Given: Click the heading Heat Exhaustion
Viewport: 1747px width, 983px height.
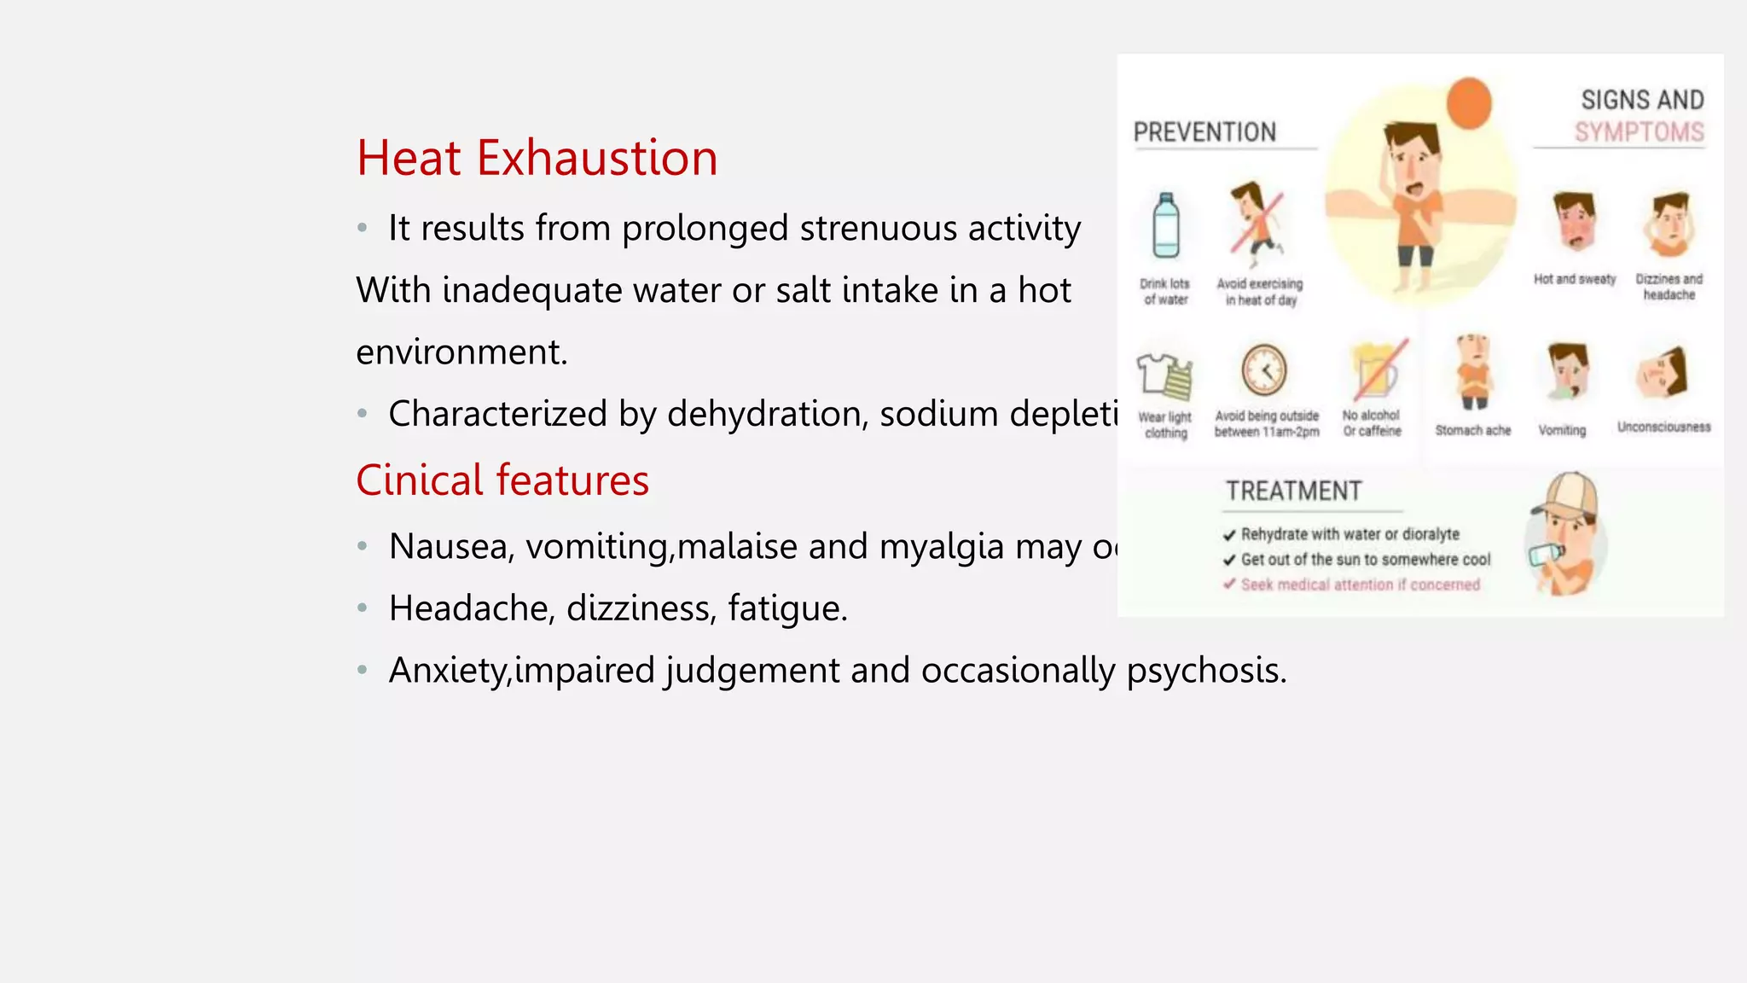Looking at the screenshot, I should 537,159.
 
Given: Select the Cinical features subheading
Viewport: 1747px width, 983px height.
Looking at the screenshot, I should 502,480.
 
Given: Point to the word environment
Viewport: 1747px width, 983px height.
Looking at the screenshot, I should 461,352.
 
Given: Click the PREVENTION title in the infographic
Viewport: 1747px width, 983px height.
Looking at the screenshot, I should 1204,132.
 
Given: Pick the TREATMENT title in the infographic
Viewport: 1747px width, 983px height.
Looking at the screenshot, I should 1293,491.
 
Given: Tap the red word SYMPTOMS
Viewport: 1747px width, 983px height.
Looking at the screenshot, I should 1639,132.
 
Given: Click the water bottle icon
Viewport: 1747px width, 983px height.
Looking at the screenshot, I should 1165,226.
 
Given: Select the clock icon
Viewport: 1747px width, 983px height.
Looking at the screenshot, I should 1263,370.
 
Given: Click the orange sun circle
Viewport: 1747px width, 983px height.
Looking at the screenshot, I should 1469,103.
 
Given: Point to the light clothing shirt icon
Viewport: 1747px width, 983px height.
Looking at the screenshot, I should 1164,375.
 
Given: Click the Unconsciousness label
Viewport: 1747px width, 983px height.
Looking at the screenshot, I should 1663,427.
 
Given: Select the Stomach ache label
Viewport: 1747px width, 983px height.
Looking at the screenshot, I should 1472,430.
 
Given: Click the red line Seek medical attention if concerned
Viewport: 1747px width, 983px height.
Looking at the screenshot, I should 1360,585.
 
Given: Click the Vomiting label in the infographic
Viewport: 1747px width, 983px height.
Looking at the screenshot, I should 1562,430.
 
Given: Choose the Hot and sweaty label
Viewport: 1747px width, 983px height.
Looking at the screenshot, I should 1575,279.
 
